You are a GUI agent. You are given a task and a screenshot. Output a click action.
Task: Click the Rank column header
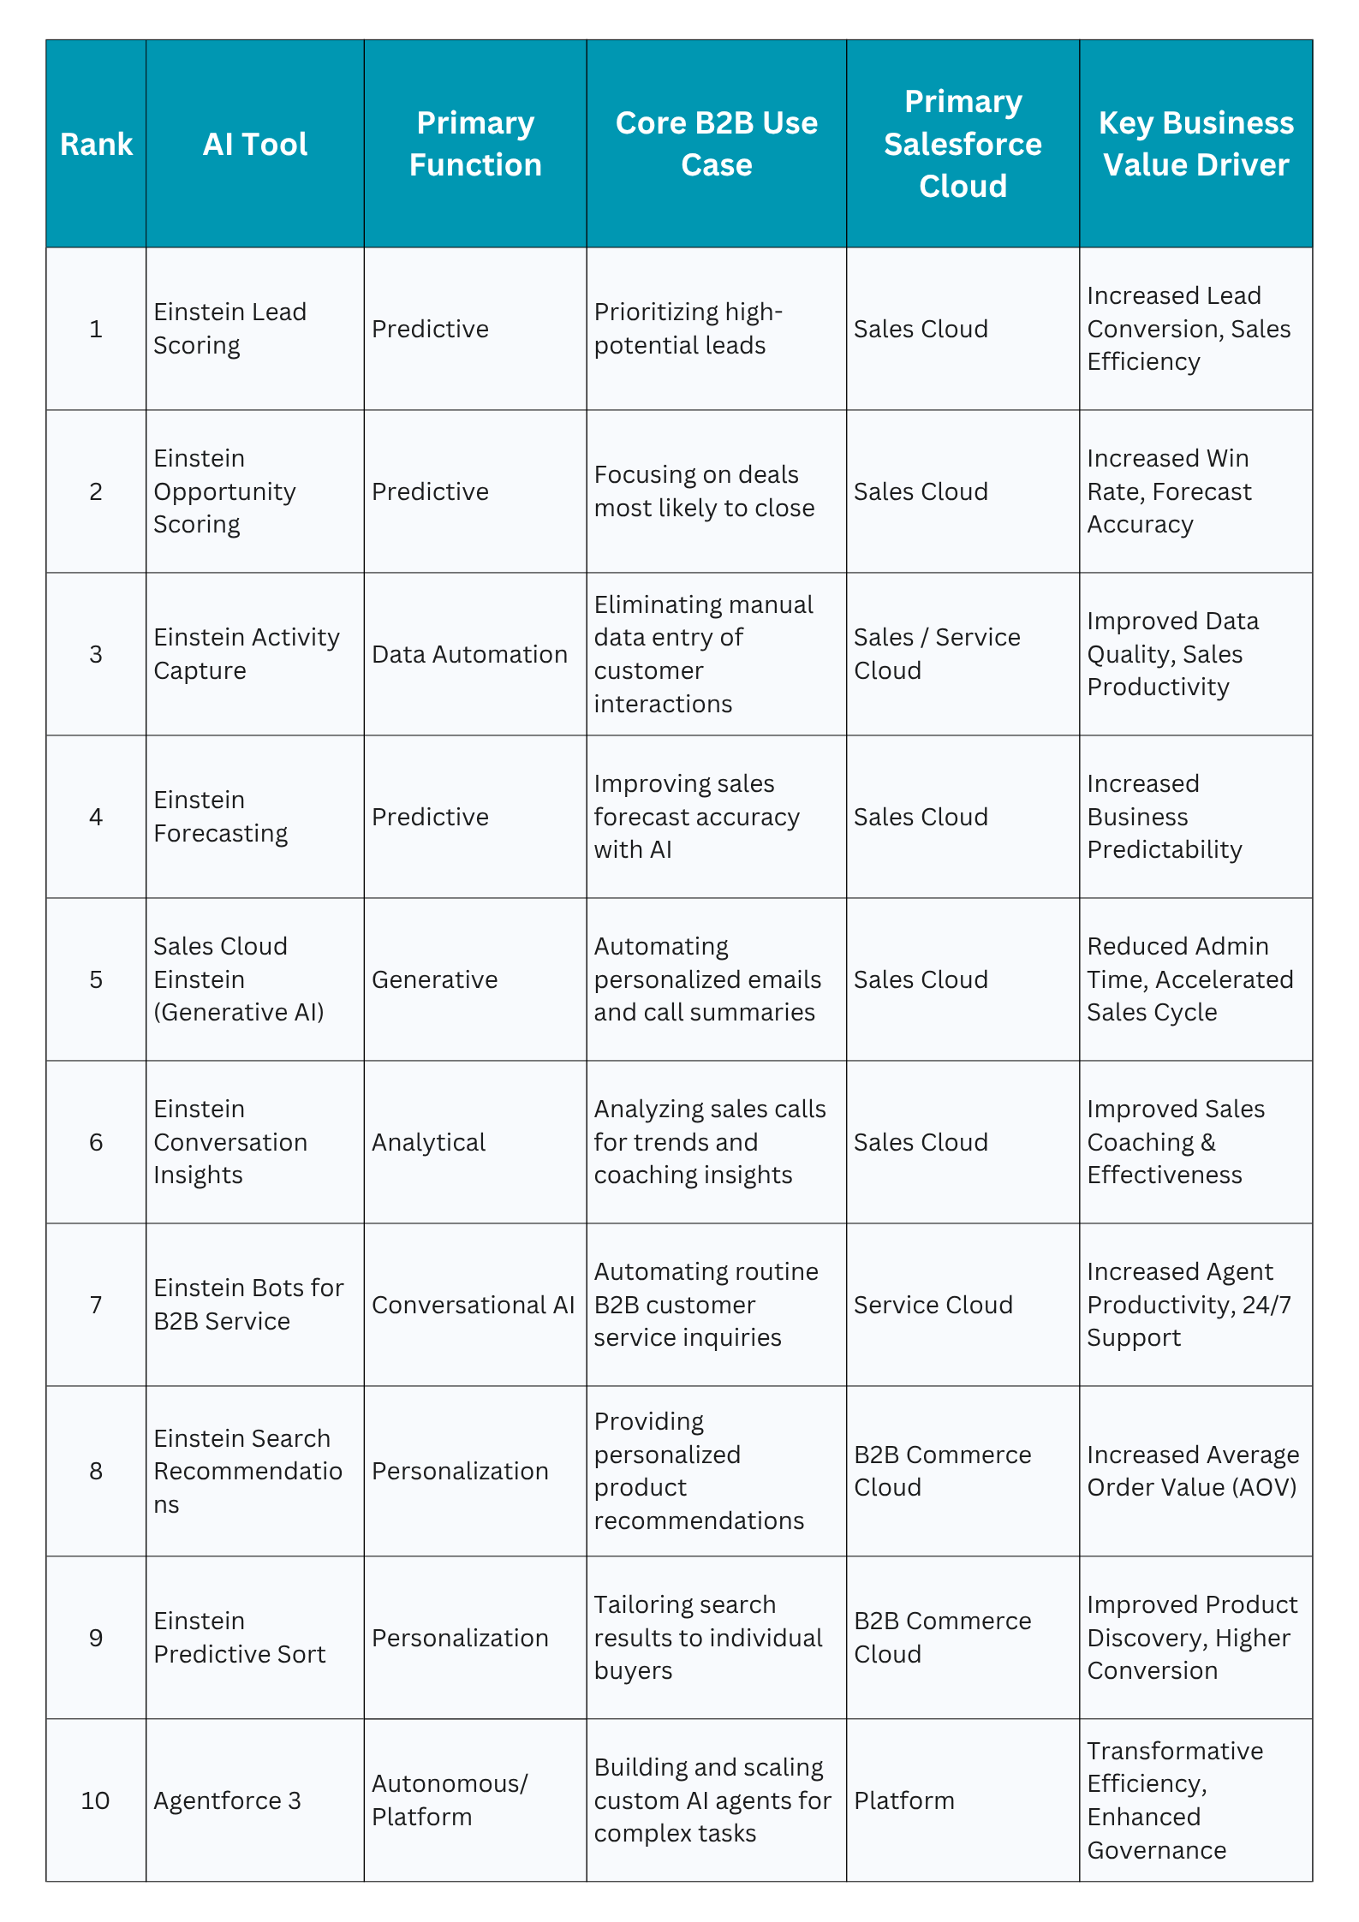pyautogui.click(x=96, y=144)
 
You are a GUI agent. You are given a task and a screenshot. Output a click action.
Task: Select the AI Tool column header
pyautogui.click(x=255, y=144)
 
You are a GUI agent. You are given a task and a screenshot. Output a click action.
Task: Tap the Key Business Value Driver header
pyautogui.click(x=1195, y=144)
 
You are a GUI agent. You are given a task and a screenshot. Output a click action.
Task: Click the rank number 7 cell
pyautogui.click(x=96, y=1305)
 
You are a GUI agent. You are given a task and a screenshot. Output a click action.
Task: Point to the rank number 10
pyautogui.click(x=96, y=1800)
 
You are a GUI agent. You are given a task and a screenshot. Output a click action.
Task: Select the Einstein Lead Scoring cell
pyautogui.click(x=229, y=329)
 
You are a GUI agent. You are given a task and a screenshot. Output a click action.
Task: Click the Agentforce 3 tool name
pyautogui.click(x=228, y=1800)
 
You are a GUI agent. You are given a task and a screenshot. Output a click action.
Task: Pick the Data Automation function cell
pyautogui.click(x=469, y=654)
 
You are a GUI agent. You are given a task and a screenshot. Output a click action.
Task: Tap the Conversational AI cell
pyautogui.click(x=473, y=1305)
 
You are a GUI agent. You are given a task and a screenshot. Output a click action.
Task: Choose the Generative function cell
pyautogui.click(x=434, y=979)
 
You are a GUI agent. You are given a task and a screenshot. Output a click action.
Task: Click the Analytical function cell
pyautogui.click(x=428, y=1142)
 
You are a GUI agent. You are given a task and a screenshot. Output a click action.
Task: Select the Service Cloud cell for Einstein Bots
pyautogui.click(x=933, y=1305)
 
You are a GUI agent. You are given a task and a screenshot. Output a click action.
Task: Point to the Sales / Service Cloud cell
pyautogui.click(x=937, y=654)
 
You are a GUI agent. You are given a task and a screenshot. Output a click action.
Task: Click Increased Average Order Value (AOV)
pyautogui.click(x=1193, y=1471)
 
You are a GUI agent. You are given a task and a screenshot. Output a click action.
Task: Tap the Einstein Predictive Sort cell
pyautogui.click(x=240, y=1638)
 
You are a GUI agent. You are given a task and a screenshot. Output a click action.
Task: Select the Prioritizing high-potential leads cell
pyautogui.click(x=688, y=329)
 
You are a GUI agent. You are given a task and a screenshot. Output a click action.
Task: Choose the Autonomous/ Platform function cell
pyautogui.click(x=450, y=1800)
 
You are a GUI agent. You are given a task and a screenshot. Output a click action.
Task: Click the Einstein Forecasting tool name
pyautogui.click(x=221, y=817)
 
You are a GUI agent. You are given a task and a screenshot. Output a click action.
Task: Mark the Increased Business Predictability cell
pyautogui.click(x=1164, y=817)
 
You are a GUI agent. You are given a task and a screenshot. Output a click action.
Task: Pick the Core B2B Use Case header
pyautogui.click(x=717, y=144)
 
